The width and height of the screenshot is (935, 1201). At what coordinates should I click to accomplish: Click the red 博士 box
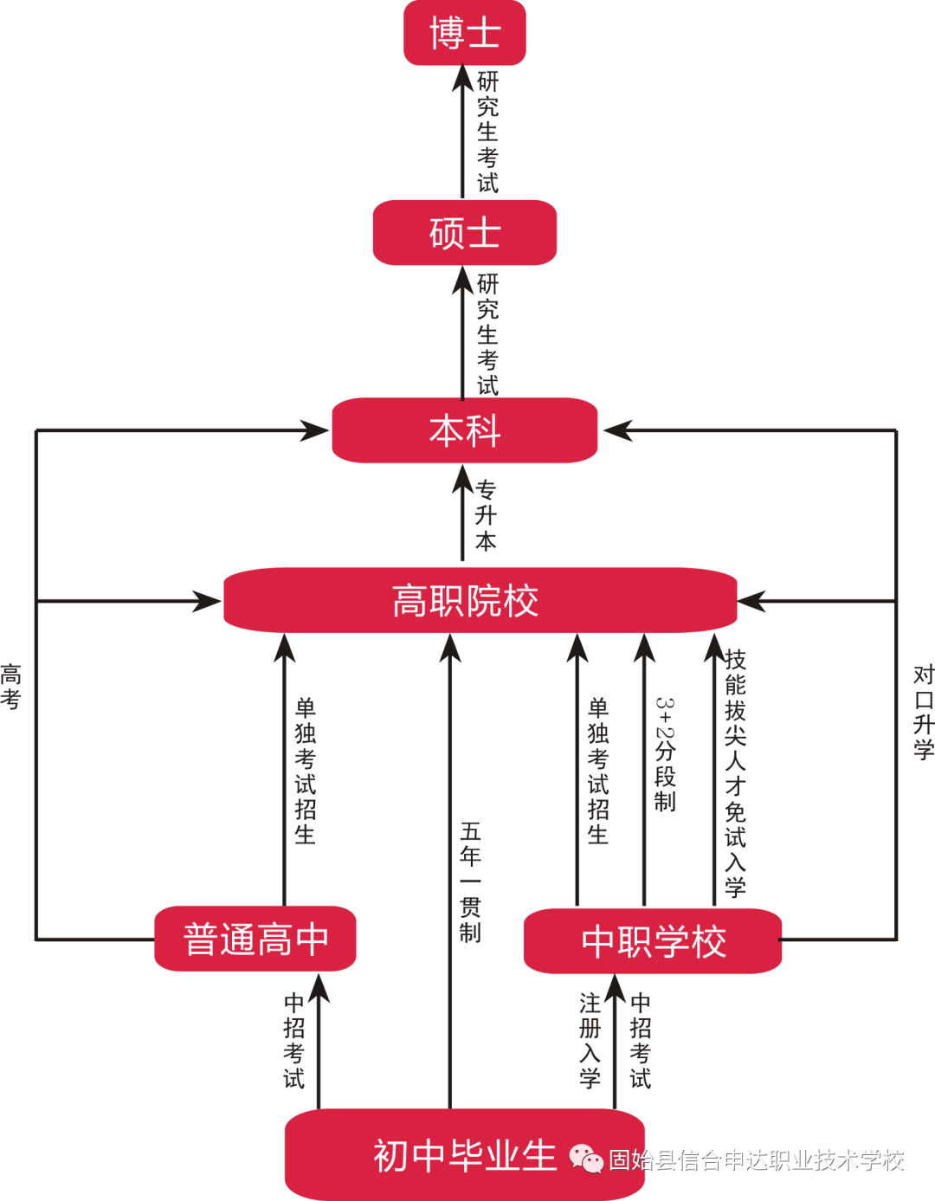[x=465, y=33]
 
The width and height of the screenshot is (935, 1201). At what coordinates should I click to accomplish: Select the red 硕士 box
[x=465, y=233]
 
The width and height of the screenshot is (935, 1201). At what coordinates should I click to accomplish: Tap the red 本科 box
[x=465, y=430]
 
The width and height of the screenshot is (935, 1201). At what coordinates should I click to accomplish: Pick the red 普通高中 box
[x=255, y=939]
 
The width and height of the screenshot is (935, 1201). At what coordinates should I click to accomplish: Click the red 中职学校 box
[x=653, y=941]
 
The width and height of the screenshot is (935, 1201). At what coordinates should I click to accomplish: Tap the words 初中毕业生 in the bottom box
[x=465, y=1155]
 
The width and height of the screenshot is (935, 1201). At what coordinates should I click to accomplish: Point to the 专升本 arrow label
[x=486, y=515]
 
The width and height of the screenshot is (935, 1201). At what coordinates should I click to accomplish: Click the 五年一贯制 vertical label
[x=470, y=881]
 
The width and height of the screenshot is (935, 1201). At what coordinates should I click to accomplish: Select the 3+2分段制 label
[x=665, y=753]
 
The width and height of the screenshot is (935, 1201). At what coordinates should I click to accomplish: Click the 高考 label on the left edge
[x=10, y=687]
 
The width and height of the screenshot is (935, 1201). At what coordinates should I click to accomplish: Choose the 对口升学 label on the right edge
[x=924, y=712]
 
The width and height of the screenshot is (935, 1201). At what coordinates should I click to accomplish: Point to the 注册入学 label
[x=590, y=1040]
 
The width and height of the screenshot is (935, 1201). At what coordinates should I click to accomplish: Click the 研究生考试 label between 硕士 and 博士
[x=487, y=132]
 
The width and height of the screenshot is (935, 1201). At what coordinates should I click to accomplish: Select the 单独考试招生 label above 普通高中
[x=305, y=771]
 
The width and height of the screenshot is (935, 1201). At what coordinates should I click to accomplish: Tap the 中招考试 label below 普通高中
[x=294, y=1040]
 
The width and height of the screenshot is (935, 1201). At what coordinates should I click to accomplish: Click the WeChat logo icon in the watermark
[x=586, y=1158]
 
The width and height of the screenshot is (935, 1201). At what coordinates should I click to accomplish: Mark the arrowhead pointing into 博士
[x=463, y=77]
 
